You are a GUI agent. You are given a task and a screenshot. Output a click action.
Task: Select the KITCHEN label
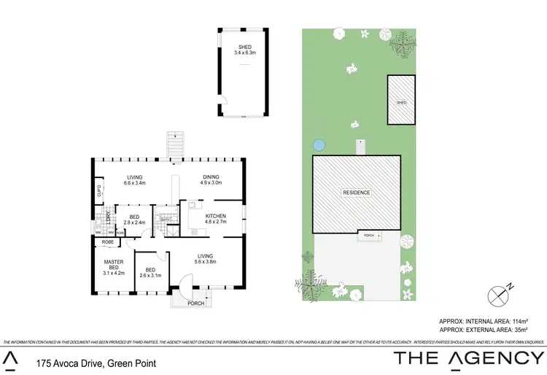tap(216, 216)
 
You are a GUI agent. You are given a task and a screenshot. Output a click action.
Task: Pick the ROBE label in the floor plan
tap(107, 241)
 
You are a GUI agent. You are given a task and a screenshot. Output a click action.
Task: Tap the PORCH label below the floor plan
tap(196, 304)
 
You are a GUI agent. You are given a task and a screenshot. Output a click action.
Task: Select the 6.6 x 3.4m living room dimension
tap(135, 183)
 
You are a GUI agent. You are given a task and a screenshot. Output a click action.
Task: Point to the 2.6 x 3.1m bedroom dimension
tap(150, 275)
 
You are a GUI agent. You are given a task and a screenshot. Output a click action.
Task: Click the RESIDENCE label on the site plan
tap(357, 193)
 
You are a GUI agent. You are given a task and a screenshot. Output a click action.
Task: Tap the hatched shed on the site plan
tap(401, 100)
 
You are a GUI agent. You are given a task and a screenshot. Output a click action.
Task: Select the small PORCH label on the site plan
tap(368, 236)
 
